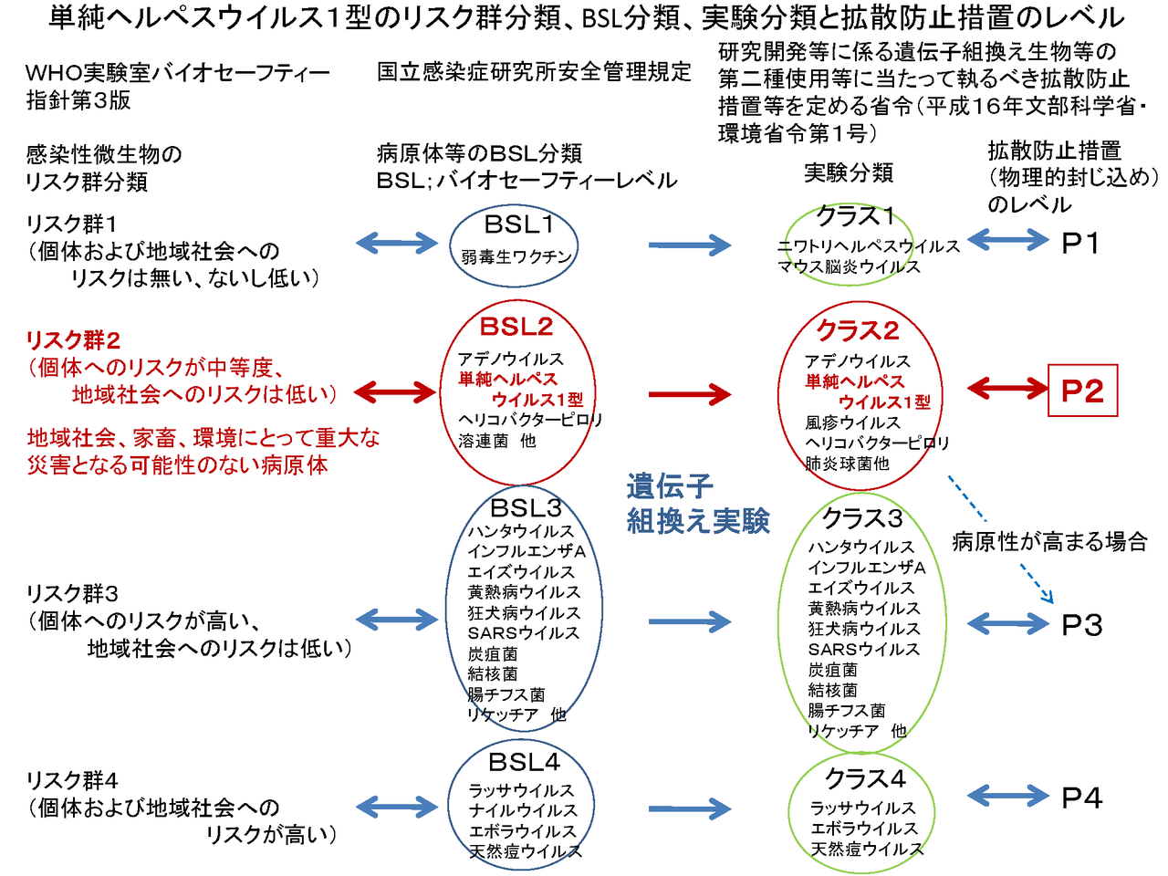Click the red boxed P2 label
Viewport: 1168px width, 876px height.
pyautogui.click(x=1082, y=391)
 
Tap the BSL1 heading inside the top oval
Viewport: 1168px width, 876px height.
pyautogui.click(x=518, y=224)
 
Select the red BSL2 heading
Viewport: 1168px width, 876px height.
pyautogui.click(x=516, y=327)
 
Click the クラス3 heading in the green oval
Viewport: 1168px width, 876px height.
pyautogui.click(x=862, y=518)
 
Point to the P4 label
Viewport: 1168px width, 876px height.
pyautogui.click(x=1082, y=798)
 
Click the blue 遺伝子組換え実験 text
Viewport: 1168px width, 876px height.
pyautogui.click(x=698, y=504)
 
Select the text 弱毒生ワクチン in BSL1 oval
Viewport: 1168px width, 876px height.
pyautogui.click(x=516, y=257)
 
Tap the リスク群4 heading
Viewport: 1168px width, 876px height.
pyautogui.click(x=72, y=781)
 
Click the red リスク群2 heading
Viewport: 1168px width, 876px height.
pyautogui.click(x=73, y=340)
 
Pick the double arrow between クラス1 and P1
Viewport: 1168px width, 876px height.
pyautogui.click(x=1007, y=241)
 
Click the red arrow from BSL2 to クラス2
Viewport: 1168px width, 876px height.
pyautogui.click(x=689, y=394)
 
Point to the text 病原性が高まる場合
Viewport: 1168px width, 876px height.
pyautogui.click(x=1049, y=542)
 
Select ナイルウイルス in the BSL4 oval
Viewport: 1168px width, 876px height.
pyautogui.click(x=523, y=810)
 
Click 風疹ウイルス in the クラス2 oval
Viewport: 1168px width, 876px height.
pyautogui.click(x=852, y=422)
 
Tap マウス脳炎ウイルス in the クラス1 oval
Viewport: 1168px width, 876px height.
pyautogui.click(x=849, y=267)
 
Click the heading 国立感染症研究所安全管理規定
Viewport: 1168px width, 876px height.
pyautogui.click(x=534, y=72)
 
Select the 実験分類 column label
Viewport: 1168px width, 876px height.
pyautogui.click(x=848, y=172)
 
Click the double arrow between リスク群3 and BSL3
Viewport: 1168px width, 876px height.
pyautogui.click(x=397, y=620)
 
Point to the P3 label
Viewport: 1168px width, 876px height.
pyautogui.click(x=1082, y=625)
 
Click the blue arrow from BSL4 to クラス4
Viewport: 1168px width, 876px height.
pyautogui.click(x=689, y=808)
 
